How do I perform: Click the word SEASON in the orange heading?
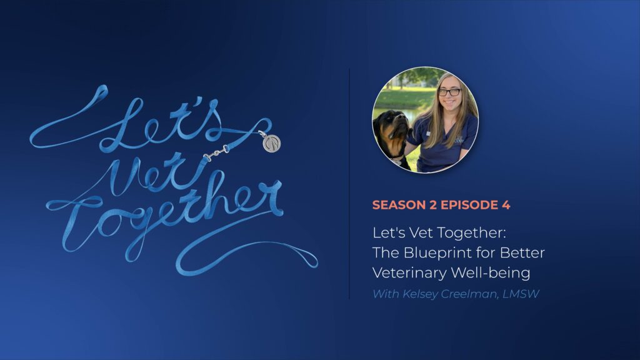click(x=398, y=205)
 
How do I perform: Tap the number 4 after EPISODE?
click(x=506, y=205)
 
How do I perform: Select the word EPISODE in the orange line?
click(x=469, y=205)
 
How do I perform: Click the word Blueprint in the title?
click(x=437, y=253)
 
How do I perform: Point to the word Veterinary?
click(x=412, y=273)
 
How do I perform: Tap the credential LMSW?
click(x=521, y=294)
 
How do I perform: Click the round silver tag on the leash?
click(x=272, y=143)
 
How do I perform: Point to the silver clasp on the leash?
click(x=216, y=152)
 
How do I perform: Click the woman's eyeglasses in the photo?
click(x=449, y=92)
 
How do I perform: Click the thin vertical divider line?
click(x=349, y=184)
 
